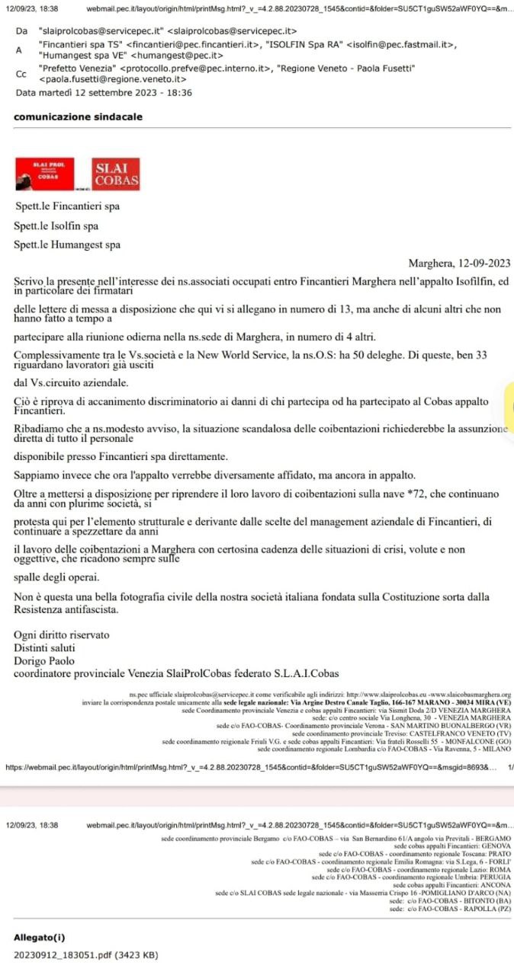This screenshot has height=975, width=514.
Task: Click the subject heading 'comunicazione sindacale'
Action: click(x=78, y=117)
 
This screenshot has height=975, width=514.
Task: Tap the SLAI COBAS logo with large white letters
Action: click(x=117, y=174)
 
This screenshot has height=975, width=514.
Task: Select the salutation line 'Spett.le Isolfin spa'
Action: click(x=56, y=226)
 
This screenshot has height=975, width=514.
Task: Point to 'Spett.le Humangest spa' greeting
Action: click(x=67, y=245)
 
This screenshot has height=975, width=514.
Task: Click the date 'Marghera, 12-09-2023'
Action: click(x=459, y=264)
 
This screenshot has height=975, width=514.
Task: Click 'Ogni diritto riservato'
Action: click(x=62, y=635)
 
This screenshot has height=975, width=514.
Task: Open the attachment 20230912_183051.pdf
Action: click(x=86, y=954)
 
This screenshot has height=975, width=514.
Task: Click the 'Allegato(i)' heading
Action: click(x=40, y=938)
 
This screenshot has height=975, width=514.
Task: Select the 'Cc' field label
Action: click(x=21, y=74)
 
